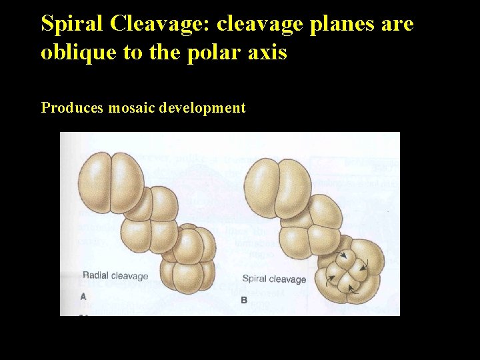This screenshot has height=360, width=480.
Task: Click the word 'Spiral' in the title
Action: click(x=73, y=24)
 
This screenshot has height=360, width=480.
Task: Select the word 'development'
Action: click(x=203, y=107)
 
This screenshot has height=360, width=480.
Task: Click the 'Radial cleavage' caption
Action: click(x=115, y=275)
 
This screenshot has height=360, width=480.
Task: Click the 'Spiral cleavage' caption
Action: click(x=274, y=279)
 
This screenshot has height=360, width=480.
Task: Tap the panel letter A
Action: click(x=83, y=296)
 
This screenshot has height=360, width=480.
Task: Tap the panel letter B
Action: click(x=244, y=300)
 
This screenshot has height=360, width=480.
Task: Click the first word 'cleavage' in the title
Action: click(x=243, y=24)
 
